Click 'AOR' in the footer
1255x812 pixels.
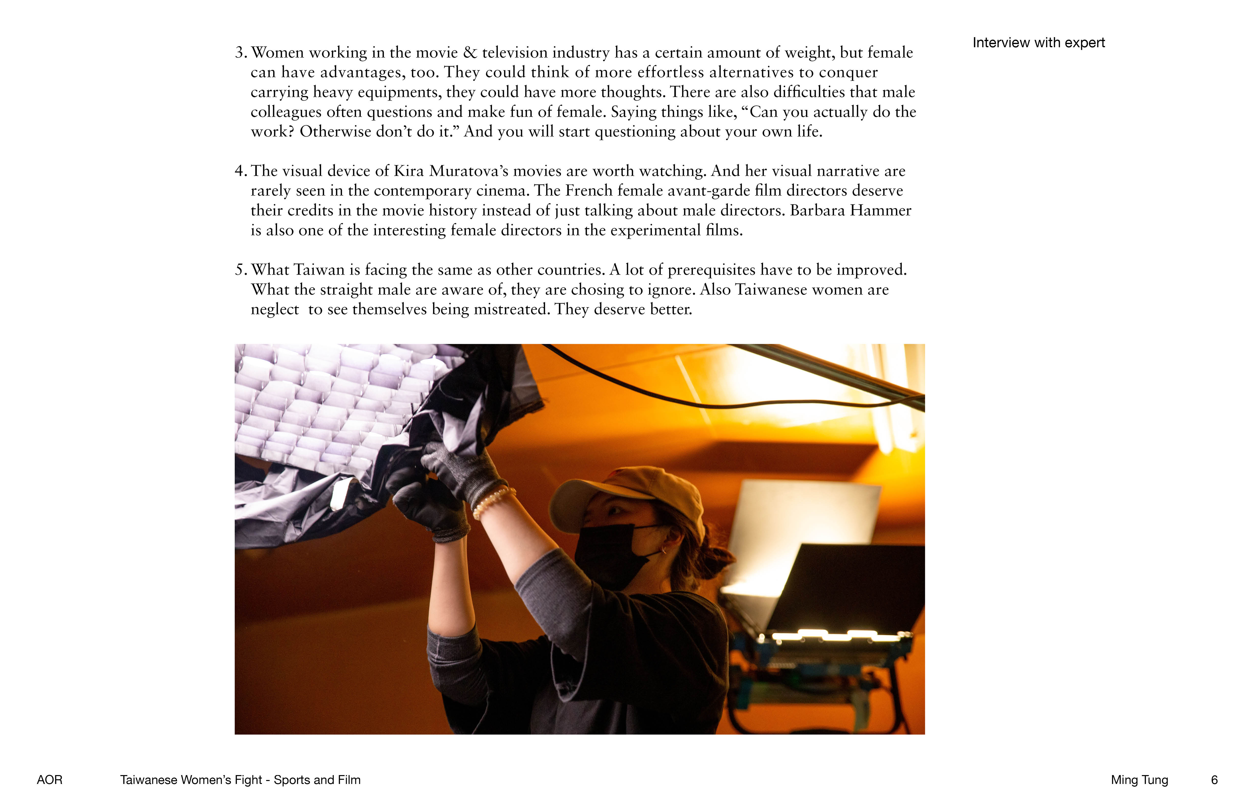[x=49, y=780]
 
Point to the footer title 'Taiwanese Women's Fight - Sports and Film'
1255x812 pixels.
[x=240, y=780]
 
